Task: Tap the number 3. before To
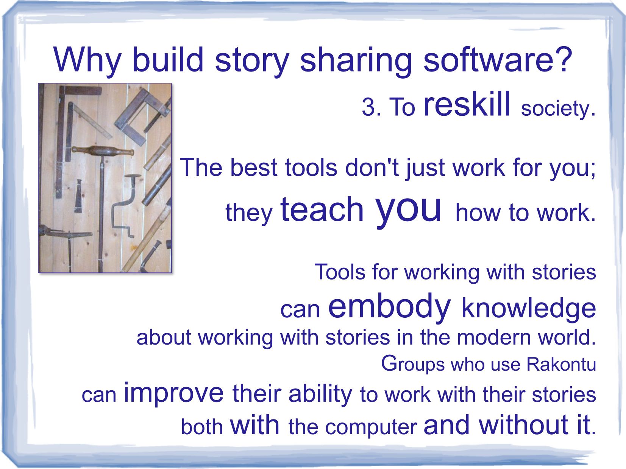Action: coord(372,107)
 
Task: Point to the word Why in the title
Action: coord(87,61)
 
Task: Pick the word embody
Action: coord(390,307)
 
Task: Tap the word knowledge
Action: coord(528,309)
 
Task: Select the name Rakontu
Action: coord(561,364)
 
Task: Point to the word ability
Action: coord(320,394)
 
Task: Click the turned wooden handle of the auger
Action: coord(102,151)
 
